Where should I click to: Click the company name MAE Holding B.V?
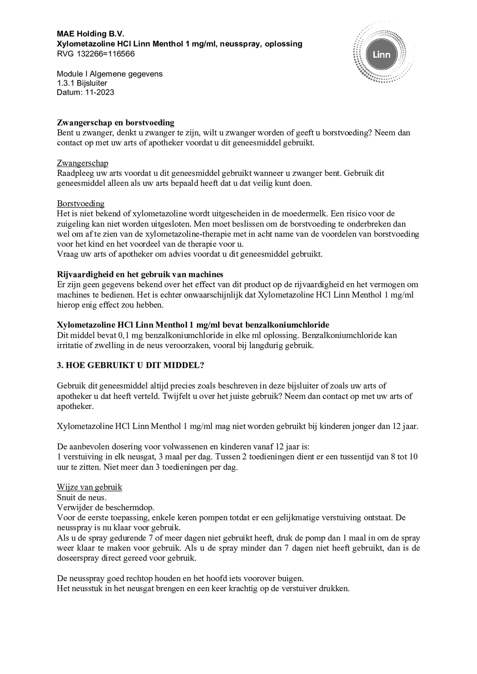click(90, 34)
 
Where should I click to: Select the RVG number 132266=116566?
click(106, 54)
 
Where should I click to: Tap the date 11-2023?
click(100, 92)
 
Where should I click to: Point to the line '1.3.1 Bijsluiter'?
click(82, 83)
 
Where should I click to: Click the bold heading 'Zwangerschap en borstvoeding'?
click(116, 122)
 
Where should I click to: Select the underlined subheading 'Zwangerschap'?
click(82, 163)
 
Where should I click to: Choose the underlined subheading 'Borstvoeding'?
click(80, 203)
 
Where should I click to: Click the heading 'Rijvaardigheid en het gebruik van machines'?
click(140, 274)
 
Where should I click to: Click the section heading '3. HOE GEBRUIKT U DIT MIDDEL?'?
click(130, 365)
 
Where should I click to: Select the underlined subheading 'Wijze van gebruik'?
click(89, 487)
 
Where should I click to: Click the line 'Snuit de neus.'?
click(82, 497)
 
